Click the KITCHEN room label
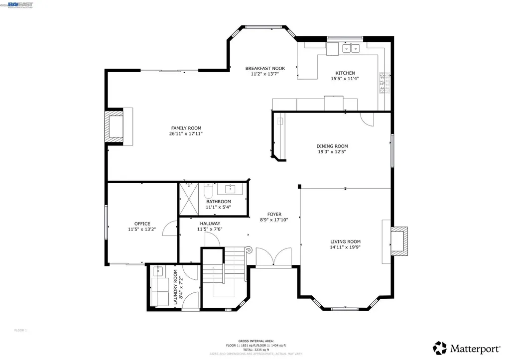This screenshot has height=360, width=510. pyautogui.click(x=345, y=73)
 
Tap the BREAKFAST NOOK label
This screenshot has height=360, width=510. pyautogui.click(x=265, y=68)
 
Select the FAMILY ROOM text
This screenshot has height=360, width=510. pyautogui.click(x=186, y=128)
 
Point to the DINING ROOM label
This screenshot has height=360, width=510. pyautogui.click(x=332, y=146)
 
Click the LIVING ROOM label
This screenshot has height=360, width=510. pyautogui.click(x=345, y=241)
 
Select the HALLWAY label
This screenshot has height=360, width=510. pyautogui.click(x=210, y=224)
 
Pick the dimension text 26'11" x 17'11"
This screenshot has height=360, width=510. pyautogui.click(x=186, y=133)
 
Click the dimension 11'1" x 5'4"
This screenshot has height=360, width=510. pyautogui.click(x=218, y=207)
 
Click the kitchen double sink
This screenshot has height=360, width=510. pyautogui.click(x=351, y=48)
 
